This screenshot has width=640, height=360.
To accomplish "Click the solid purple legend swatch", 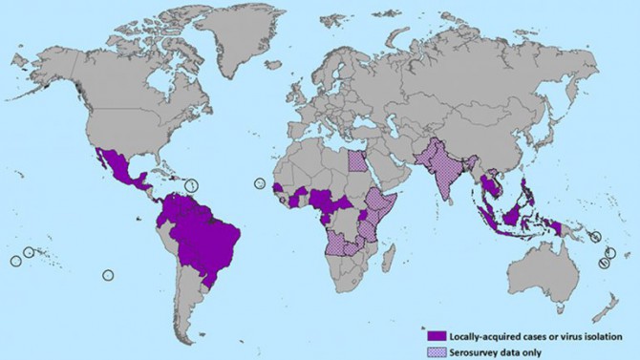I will (x=436, y=335).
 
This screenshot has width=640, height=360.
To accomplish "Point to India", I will (x=441, y=177).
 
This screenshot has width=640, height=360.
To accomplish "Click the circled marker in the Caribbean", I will (x=192, y=183).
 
